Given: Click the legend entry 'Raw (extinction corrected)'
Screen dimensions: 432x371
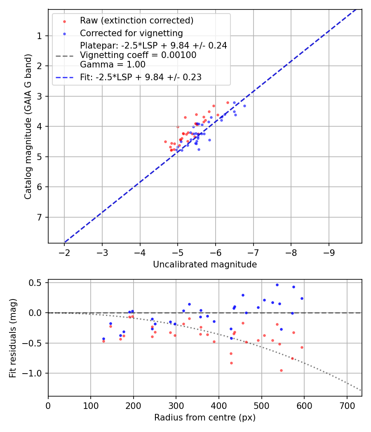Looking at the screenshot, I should [136, 21].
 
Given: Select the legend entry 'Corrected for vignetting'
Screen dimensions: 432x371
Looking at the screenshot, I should [131, 33].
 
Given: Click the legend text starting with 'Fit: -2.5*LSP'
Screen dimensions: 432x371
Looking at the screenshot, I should [141, 77].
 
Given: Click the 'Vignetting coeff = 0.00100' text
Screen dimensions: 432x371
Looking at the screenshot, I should [138, 55].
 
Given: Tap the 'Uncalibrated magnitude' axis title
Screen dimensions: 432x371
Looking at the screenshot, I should [205, 265].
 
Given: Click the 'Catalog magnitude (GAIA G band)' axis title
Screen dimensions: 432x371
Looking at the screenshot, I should [28, 126].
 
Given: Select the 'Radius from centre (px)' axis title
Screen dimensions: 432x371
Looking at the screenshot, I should [205, 418].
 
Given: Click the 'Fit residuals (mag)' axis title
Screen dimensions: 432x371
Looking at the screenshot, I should [13, 338].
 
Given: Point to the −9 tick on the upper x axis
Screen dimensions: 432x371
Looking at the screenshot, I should [329, 252].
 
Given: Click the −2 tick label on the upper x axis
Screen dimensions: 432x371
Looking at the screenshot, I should [64, 252].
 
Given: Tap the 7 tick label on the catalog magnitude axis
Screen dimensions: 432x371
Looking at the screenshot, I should [40, 217].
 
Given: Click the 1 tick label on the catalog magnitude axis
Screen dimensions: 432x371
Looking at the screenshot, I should [40, 36].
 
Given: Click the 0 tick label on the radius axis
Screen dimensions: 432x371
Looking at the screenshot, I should [48, 405].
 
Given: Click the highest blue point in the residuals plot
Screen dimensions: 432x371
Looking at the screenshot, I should [277, 285].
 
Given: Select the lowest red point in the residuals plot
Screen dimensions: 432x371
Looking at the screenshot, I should [281, 370].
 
